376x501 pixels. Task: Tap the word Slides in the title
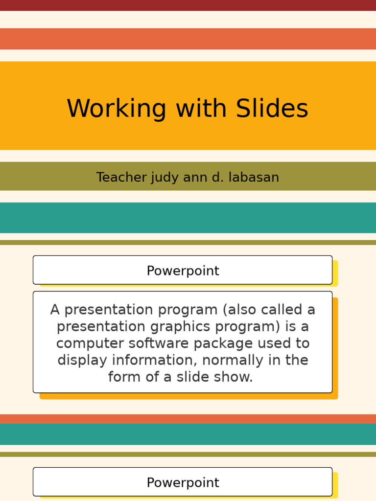(272, 109)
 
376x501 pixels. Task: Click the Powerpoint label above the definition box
(183, 271)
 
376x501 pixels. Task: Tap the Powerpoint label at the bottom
(183, 482)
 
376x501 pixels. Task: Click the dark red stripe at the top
(188, 5)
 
